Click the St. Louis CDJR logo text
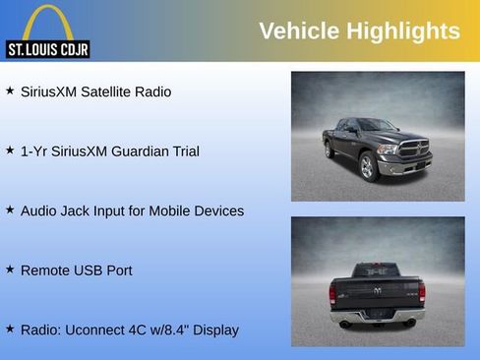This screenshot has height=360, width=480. click(x=47, y=48)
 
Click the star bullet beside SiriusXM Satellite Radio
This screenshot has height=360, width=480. click(x=10, y=90)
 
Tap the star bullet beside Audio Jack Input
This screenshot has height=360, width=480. click(x=10, y=210)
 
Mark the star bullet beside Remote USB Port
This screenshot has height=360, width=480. click(x=10, y=269)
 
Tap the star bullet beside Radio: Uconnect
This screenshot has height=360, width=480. click(x=10, y=329)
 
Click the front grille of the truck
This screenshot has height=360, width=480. click(x=414, y=150)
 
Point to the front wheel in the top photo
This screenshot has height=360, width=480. click(x=369, y=167)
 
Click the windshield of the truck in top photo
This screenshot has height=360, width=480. click(x=378, y=126)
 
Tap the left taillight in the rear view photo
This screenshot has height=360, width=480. click(x=332, y=293)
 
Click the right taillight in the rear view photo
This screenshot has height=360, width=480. click(x=422, y=292)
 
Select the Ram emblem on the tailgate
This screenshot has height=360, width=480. click(x=378, y=291)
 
